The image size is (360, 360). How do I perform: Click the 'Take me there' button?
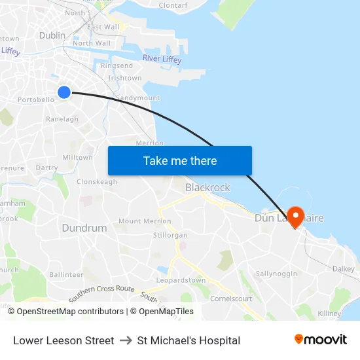[179, 160]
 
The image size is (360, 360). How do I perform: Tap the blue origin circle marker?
[64, 92]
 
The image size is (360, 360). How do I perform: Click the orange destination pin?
[295, 217]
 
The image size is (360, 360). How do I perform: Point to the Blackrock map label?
[207, 188]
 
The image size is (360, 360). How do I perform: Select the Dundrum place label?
[84, 228]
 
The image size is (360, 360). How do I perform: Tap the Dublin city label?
[52, 35]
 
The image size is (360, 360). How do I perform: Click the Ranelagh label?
[62, 119]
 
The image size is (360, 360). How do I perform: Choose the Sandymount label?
[137, 98]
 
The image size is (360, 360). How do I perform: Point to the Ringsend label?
[117, 66]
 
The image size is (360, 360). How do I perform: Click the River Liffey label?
[162, 60]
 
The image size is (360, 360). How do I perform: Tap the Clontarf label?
[173, 5]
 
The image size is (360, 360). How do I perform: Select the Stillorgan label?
[170, 235]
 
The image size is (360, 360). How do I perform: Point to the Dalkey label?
[343, 269]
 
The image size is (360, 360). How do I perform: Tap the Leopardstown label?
[181, 281]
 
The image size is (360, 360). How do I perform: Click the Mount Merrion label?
[145, 221]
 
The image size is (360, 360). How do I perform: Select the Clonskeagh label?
[97, 182]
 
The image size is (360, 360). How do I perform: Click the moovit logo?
[321, 340]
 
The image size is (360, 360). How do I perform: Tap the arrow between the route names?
[126, 340]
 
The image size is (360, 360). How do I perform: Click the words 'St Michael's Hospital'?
[189, 340]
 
